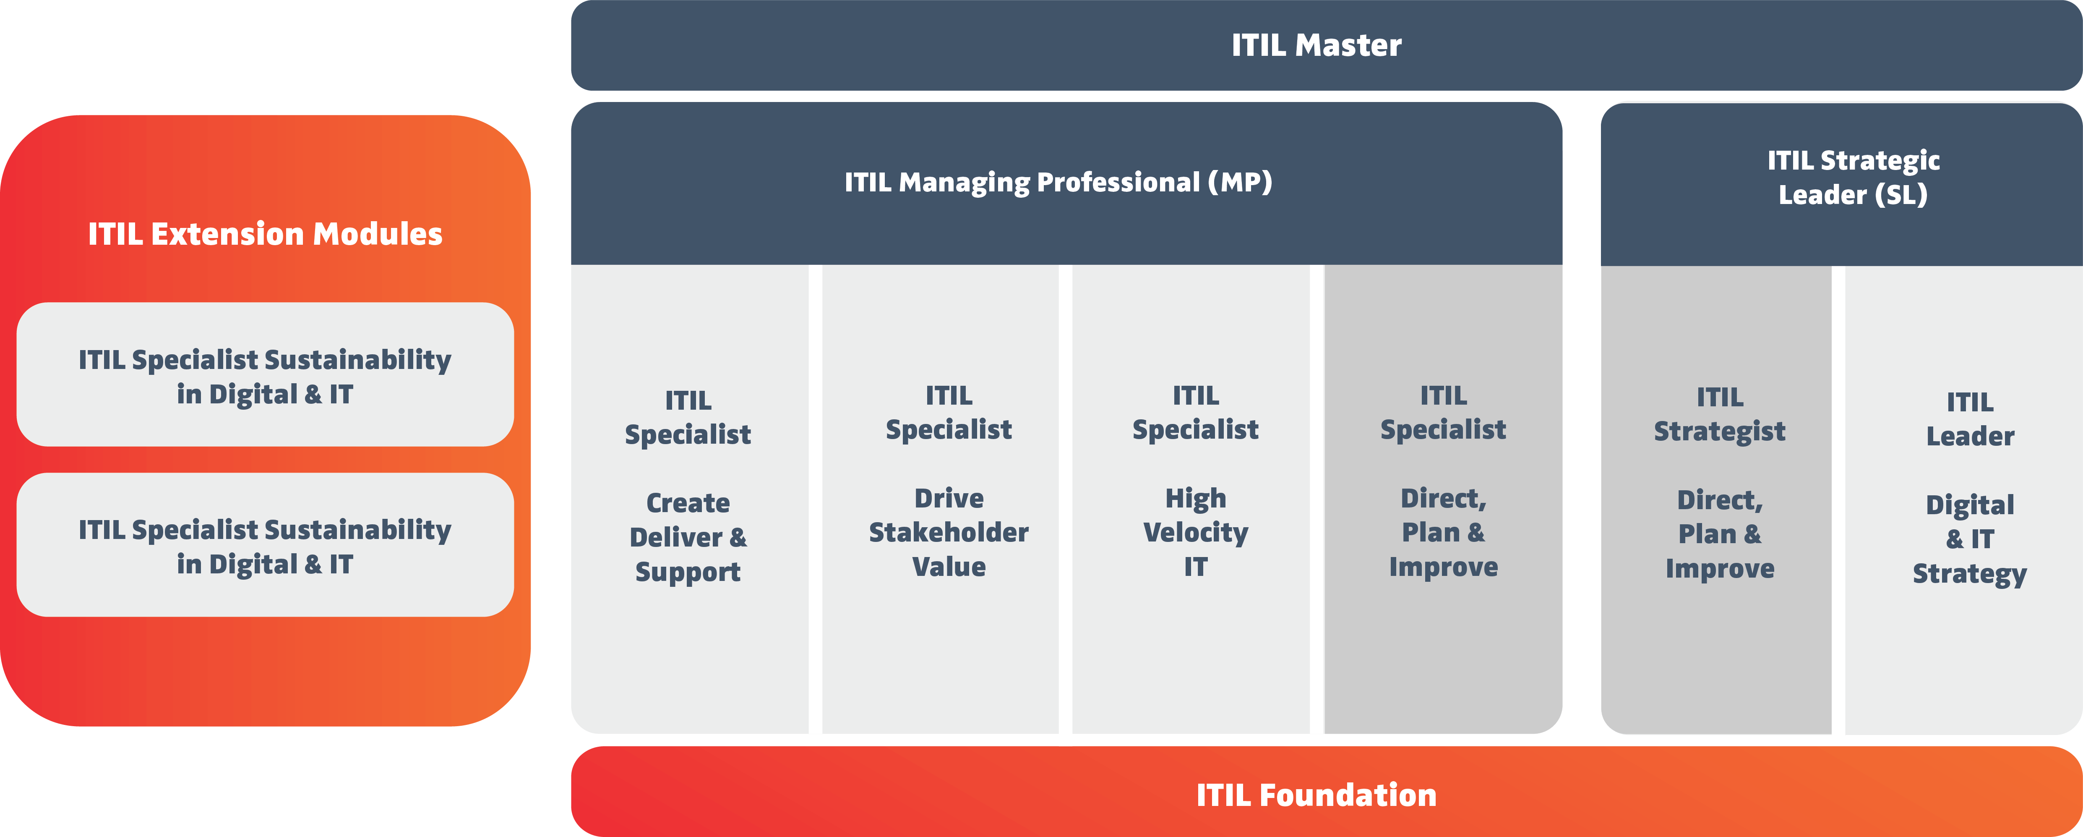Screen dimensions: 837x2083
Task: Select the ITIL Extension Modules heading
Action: point(265,234)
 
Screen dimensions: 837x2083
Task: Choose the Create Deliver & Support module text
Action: point(688,537)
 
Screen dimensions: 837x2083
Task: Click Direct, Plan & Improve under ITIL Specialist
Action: point(1443,532)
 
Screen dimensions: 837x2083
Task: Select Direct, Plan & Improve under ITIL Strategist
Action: point(1720,534)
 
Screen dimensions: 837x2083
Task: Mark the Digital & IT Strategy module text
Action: point(1970,539)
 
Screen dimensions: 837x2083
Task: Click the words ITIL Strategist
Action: point(1720,414)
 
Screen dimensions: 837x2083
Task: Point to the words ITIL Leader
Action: point(1970,419)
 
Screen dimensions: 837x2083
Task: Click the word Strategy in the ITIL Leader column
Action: point(1970,573)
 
